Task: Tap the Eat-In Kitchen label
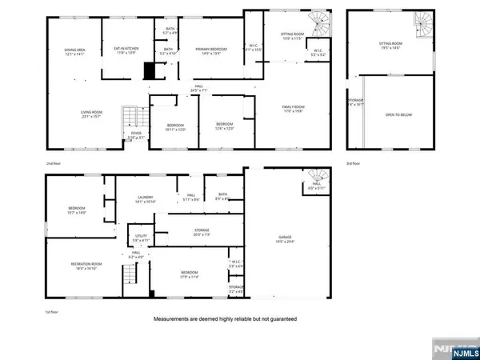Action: (127, 50)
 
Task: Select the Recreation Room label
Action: (82, 267)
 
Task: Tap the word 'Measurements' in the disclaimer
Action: (178, 319)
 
